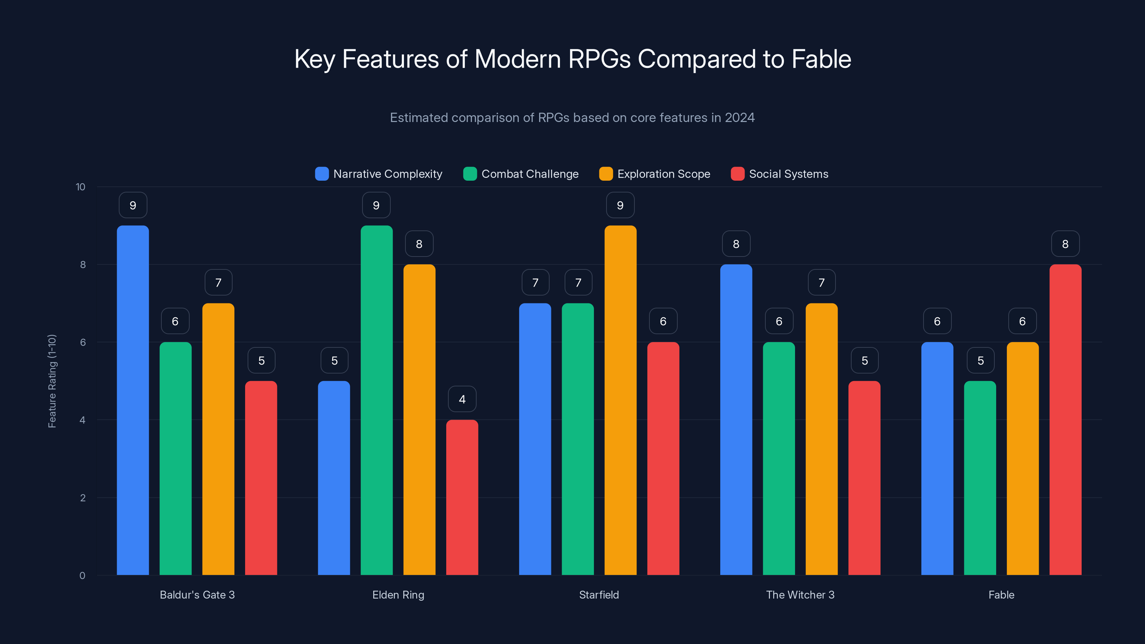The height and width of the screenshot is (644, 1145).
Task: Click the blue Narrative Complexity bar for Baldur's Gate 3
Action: tap(133, 400)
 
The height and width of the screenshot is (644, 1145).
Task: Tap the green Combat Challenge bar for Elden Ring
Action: tap(376, 400)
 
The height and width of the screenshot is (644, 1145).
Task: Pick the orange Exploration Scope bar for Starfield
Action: tap(620, 400)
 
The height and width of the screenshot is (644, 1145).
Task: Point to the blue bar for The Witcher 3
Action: tap(736, 420)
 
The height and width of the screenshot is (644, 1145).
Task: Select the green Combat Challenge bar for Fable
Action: tap(980, 478)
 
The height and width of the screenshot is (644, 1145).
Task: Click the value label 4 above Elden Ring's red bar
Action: tap(462, 399)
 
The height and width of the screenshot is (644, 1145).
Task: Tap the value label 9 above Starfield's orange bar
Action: tap(620, 205)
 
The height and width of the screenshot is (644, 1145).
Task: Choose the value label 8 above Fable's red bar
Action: tap(1065, 244)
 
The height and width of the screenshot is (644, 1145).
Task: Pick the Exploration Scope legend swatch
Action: tap(606, 174)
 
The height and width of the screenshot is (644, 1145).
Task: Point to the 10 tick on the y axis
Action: tap(81, 187)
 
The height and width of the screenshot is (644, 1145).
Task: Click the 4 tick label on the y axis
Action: tap(82, 420)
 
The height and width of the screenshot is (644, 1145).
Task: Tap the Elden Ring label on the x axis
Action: tap(398, 595)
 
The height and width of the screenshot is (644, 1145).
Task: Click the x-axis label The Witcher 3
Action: tap(800, 595)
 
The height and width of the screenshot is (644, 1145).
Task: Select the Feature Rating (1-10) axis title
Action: tap(52, 381)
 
